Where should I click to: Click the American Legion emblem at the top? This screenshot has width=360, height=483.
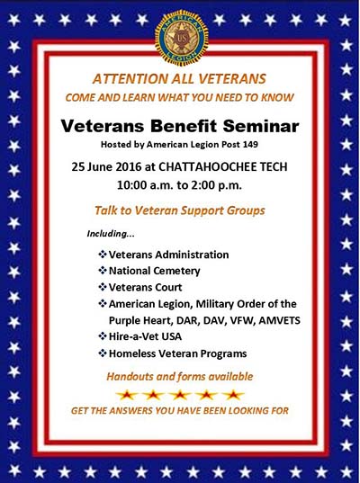click(181, 38)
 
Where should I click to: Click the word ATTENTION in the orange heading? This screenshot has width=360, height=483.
click(129, 79)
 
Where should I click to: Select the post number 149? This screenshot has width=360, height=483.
click(250, 145)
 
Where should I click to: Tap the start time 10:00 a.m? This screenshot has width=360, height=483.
click(145, 185)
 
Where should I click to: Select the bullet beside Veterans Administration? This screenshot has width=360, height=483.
click(103, 255)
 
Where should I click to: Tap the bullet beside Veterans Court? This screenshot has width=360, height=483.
click(103, 287)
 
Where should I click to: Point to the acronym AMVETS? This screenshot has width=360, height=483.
click(280, 321)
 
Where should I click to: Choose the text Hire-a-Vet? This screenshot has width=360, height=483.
click(134, 336)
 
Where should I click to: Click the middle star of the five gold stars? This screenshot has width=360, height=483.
click(180, 395)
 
